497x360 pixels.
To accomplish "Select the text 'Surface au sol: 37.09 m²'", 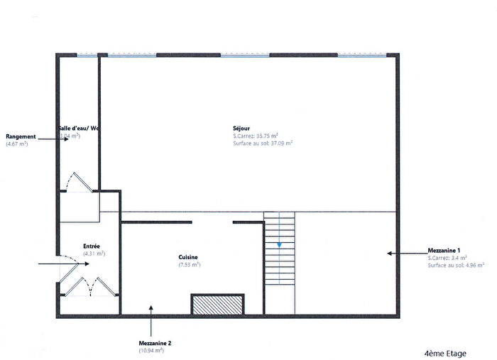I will coord(263,143).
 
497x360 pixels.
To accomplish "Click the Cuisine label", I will coord(188,257).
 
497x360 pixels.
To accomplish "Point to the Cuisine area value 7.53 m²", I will coord(189,264).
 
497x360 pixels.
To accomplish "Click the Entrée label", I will coord(92,246).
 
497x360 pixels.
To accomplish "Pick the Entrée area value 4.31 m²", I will coord(94,253).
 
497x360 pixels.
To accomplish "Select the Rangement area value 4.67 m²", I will coord(17,143).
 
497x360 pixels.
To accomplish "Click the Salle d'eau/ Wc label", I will coord(78,129).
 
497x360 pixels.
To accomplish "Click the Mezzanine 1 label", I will coord(444,251).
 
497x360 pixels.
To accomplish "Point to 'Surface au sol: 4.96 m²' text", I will coord(456,265).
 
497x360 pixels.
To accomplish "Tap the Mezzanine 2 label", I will coord(155,343).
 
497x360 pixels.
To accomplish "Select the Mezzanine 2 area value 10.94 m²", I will coord(151,350).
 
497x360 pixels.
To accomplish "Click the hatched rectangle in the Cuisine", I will coord(218,303).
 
